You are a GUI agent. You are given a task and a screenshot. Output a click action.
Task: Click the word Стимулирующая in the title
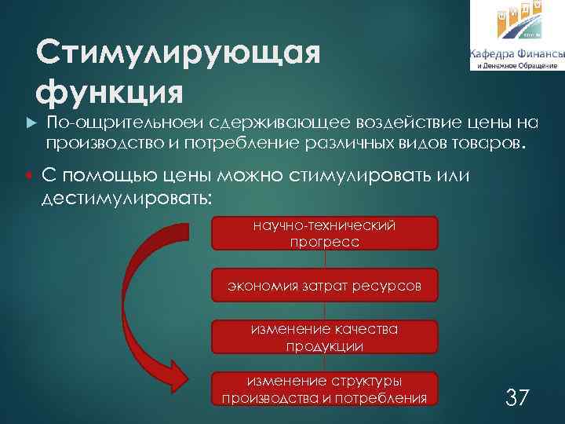pyautogui.click(x=179, y=55)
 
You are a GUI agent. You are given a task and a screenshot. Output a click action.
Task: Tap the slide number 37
pyautogui.click(x=516, y=397)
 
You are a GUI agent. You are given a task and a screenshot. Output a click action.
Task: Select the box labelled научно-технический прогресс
pyautogui.click(x=324, y=234)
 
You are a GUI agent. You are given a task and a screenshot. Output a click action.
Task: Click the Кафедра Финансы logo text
pyautogui.click(x=516, y=53)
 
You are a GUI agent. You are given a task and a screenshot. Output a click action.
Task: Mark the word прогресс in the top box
pyautogui.click(x=324, y=243)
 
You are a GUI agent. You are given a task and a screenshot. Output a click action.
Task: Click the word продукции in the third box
pyautogui.click(x=324, y=346)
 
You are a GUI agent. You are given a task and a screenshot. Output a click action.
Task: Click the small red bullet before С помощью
pyautogui.click(x=28, y=175)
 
